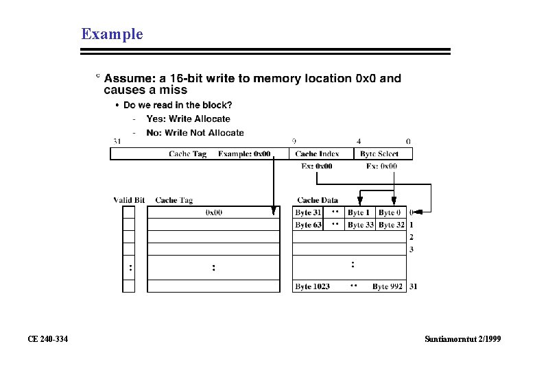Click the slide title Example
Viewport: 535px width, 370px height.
[112, 34]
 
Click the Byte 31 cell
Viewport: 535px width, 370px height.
[308, 213]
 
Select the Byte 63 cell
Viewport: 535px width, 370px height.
[308, 225]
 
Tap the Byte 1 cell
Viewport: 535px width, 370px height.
[359, 213]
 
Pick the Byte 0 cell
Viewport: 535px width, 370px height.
[390, 213]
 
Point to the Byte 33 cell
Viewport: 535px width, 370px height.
[360, 225]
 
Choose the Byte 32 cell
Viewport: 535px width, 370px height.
[391, 225]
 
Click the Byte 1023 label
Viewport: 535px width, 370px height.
[312, 286]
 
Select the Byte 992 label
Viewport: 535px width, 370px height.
[388, 286]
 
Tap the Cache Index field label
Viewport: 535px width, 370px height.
[317, 154]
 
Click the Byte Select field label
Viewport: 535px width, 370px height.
[378, 154]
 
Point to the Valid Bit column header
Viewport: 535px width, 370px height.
[129, 200]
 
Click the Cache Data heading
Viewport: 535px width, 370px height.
[318, 200]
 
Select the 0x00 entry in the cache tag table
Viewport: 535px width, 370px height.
[214, 213]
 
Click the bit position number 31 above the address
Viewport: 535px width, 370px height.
[117, 141]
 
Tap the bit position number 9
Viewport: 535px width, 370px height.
[294, 141]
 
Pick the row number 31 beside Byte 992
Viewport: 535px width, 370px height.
[413, 286]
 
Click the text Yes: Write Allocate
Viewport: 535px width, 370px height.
[188, 119]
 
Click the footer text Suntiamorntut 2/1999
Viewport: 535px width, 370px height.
[463, 338]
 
